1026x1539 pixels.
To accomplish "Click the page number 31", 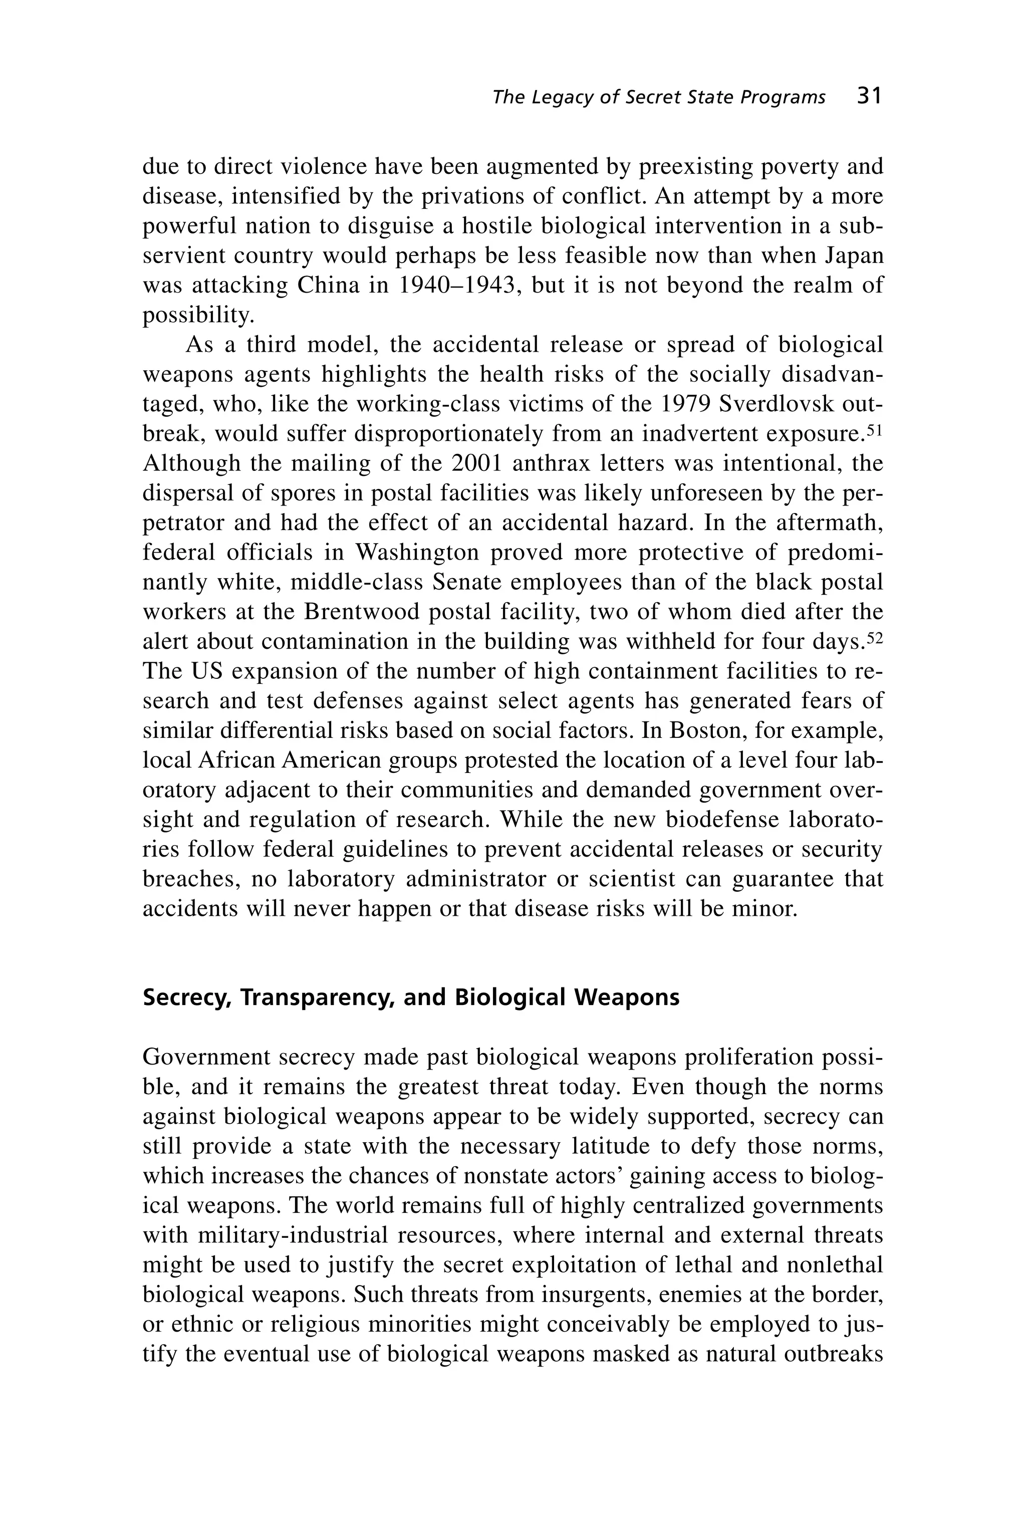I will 869,97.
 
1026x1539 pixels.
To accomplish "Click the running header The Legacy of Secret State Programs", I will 658,98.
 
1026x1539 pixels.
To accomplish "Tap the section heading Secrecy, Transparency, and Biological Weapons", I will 411,997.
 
